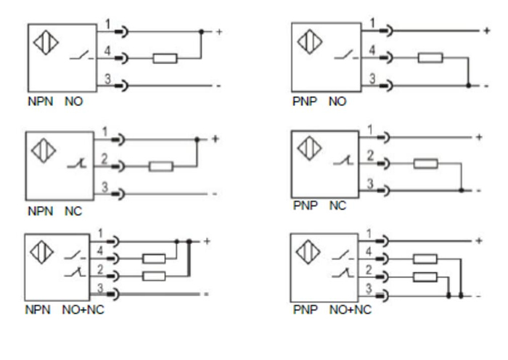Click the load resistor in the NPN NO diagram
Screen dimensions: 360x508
click(165, 57)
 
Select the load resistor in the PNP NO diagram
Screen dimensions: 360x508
click(430, 57)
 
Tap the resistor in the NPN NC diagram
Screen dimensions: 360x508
click(160, 166)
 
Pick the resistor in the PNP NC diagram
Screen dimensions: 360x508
click(426, 163)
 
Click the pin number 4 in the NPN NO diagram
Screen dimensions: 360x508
click(107, 51)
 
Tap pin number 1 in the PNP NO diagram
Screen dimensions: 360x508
click(373, 23)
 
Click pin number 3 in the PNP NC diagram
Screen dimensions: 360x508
click(371, 184)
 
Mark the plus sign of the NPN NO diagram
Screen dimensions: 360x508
click(217, 32)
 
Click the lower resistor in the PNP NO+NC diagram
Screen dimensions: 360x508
click(425, 276)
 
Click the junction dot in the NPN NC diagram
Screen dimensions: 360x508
click(197, 139)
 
